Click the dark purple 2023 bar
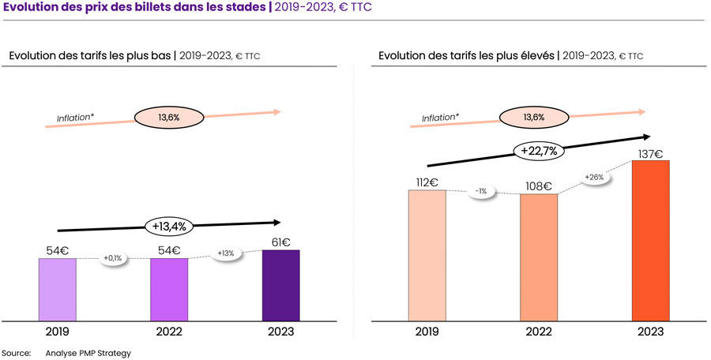tap(280, 285)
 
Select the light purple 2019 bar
tap(58, 289)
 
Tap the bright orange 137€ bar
tap(650, 241)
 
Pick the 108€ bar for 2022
tap(539, 257)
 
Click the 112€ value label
tap(427, 182)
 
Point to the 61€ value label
tap(281, 242)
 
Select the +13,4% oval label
tap(168, 227)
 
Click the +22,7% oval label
tap(540, 150)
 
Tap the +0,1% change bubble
tap(114, 258)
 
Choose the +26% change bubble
tap(594, 177)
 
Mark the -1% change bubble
tap(480, 191)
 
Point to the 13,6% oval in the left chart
tap(169, 118)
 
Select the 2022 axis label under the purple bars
tap(169, 332)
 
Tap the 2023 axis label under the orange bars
tap(650, 332)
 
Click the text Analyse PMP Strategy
tap(88, 352)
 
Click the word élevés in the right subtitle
tap(534, 55)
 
